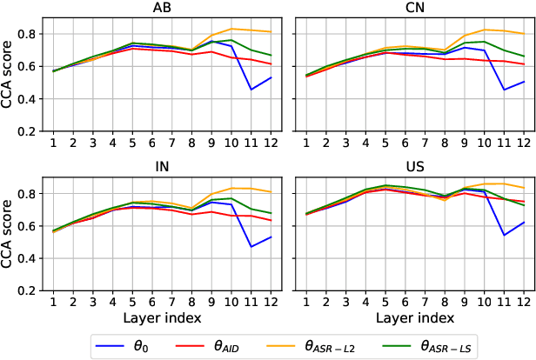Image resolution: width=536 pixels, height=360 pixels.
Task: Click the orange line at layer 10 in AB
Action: [232, 29]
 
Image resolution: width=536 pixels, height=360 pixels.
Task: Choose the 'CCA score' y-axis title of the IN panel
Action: [8, 230]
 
